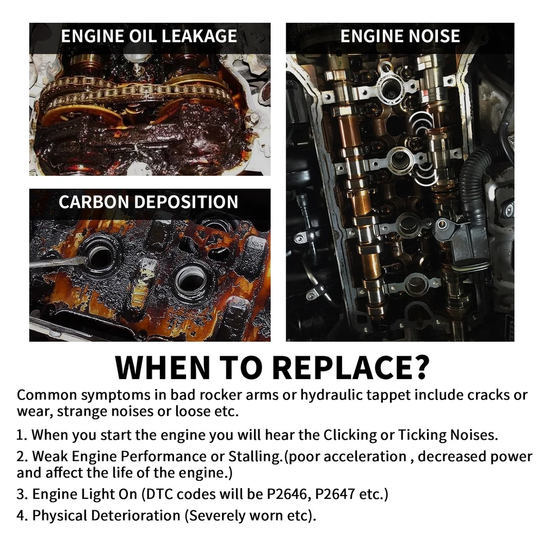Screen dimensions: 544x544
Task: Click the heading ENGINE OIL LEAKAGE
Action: point(149,36)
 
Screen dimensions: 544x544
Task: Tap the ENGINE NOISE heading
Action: point(400,36)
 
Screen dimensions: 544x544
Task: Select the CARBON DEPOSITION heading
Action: point(149,202)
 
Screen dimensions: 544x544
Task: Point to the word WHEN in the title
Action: point(162,367)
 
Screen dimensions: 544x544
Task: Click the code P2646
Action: point(287,494)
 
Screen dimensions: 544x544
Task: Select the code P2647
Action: point(335,494)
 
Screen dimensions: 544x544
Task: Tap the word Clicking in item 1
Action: point(350,435)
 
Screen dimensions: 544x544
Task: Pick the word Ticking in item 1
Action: point(422,435)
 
